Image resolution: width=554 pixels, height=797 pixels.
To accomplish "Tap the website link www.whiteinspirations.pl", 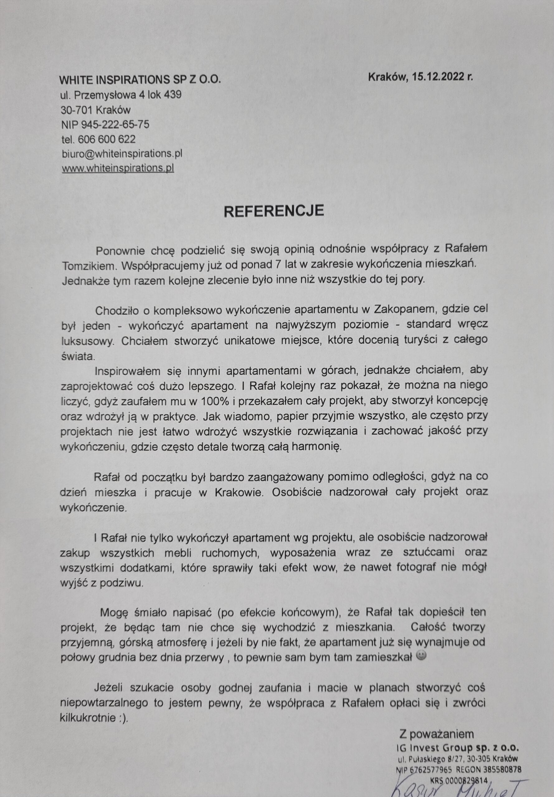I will tap(118, 168).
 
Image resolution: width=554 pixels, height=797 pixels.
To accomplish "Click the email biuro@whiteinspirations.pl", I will tap(122, 153).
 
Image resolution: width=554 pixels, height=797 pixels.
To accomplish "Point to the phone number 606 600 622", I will tap(107, 139).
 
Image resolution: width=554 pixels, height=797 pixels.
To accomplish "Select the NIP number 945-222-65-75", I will tap(115, 124).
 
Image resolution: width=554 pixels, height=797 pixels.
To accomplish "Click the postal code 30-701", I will tap(76, 110).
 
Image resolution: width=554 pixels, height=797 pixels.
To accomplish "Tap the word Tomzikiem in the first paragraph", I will tap(88, 266).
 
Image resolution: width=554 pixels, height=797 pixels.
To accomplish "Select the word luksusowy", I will tap(88, 341).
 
